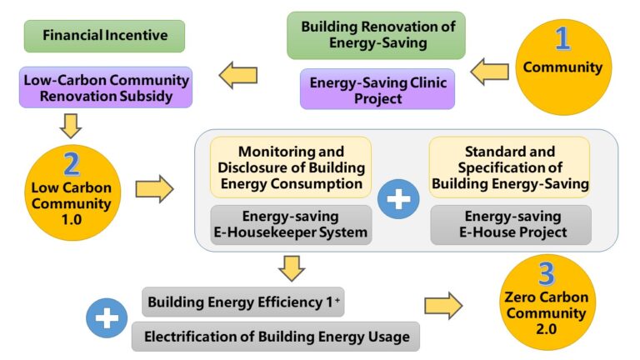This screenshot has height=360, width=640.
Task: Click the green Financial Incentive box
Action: [105, 36]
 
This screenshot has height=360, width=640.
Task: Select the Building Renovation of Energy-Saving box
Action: [377, 36]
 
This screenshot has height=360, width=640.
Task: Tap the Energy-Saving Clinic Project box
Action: [377, 89]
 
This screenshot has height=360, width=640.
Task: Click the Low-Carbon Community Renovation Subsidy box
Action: [105, 87]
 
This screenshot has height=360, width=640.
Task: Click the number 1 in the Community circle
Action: [563, 39]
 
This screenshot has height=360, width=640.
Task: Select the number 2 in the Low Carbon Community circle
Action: [72, 163]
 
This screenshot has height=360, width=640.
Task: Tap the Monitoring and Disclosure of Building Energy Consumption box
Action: [290, 167]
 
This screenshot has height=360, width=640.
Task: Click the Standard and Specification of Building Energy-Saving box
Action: [509, 167]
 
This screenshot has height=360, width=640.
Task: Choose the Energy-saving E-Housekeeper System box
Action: [290, 224]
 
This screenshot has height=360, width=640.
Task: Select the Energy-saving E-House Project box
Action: [510, 224]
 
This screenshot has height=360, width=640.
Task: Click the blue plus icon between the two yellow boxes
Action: [400, 201]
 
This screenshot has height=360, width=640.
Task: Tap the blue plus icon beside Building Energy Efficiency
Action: [107, 318]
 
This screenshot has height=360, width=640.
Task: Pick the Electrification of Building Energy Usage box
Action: [276, 337]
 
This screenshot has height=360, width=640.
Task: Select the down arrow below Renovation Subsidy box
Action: [71, 125]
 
